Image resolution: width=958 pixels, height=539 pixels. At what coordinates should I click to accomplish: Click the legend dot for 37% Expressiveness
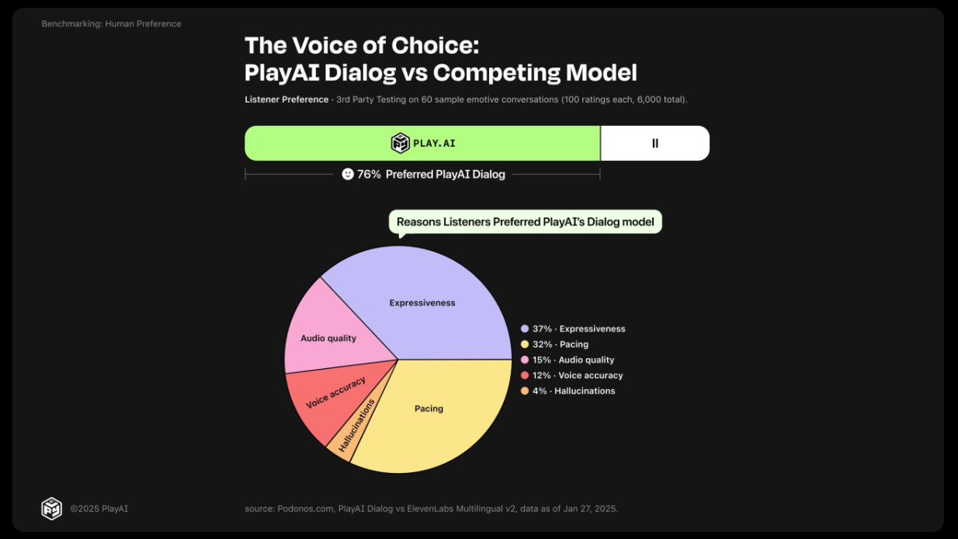click(525, 329)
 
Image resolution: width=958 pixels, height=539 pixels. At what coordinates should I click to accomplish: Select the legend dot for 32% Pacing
click(525, 344)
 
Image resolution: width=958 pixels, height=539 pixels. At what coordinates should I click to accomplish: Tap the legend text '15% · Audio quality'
click(573, 360)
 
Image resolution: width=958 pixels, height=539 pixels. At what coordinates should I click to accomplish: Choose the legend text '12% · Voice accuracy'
click(578, 375)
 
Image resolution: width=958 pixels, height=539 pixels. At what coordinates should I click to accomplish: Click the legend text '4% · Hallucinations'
click(574, 391)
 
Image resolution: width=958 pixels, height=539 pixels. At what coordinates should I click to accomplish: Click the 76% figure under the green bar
click(369, 174)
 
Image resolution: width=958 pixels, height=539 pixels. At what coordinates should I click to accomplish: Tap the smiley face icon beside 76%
click(348, 174)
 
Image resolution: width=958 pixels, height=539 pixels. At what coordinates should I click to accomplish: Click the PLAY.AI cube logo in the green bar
click(401, 143)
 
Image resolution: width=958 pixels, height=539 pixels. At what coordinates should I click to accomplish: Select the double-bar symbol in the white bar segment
click(654, 144)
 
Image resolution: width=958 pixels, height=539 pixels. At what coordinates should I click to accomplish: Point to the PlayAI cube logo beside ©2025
click(52, 509)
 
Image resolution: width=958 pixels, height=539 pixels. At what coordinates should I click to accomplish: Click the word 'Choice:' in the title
click(435, 45)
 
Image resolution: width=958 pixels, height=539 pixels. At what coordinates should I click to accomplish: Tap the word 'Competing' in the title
click(497, 73)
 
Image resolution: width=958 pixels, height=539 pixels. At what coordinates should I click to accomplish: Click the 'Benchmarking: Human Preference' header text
click(111, 24)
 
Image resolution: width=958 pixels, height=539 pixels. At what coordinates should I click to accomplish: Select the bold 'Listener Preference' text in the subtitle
click(286, 99)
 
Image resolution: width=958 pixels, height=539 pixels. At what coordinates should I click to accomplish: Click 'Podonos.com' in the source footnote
click(305, 509)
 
